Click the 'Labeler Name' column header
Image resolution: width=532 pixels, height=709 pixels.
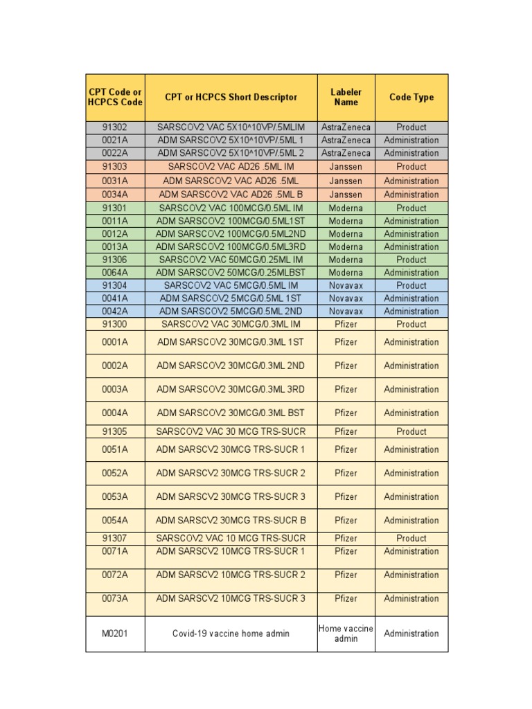(346, 97)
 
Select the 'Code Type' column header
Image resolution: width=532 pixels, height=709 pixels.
(411, 97)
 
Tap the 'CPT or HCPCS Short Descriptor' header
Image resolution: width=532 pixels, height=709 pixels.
(231, 97)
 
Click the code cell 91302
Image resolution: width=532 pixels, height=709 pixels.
(115, 127)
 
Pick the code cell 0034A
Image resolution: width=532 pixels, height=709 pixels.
(115, 195)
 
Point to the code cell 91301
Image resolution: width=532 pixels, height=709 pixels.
(115, 208)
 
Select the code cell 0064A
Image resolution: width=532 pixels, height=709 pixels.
(115, 273)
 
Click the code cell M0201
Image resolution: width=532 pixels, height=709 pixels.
(115, 634)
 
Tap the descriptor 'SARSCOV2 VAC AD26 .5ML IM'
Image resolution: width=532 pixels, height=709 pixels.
(231, 167)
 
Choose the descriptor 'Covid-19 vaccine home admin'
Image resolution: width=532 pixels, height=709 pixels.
(231, 634)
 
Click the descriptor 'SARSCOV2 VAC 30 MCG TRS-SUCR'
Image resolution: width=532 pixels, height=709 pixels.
(231, 431)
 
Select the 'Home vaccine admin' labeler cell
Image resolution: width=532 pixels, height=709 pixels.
(346, 634)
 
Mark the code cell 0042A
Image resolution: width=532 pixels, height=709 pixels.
(115, 311)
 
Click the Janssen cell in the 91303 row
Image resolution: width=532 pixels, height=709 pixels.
(346, 167)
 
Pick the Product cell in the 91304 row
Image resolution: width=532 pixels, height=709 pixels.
(411, 285)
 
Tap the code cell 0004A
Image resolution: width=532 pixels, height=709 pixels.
(115, 413)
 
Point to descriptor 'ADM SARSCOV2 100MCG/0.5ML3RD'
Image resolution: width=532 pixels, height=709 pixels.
(231, 246)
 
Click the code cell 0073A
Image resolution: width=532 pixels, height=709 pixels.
(115, 598)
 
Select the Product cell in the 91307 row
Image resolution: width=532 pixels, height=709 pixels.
(411, 538)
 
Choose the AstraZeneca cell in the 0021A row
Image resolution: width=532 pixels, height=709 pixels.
(346, 140)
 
